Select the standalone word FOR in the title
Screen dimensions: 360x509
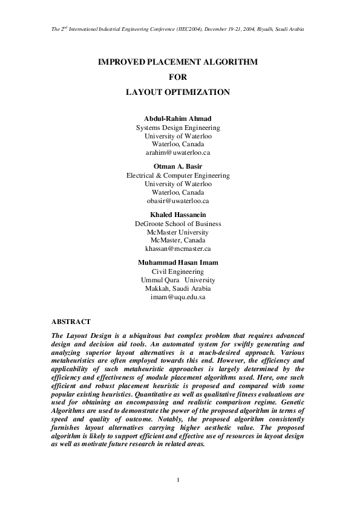[x=178, y=77]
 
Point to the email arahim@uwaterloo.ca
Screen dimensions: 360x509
[x=178, y=153]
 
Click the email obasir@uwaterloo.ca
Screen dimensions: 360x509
[x=178, y=201]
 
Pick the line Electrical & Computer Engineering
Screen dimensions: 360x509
[x=178, y=175]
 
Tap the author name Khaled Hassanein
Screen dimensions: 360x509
[x=178, y=214]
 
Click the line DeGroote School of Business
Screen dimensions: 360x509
[x=178, y=224]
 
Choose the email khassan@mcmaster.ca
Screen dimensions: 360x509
[x=178, y=248]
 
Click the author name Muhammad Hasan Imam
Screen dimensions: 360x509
[x=178, y=262]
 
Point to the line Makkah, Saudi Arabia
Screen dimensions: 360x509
[x=178, y=288]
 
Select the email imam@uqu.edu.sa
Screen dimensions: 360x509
[x=178, y=297]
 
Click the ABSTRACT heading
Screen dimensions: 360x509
[x=71, y=322]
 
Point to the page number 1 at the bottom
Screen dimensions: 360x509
[x=178, y=480]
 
